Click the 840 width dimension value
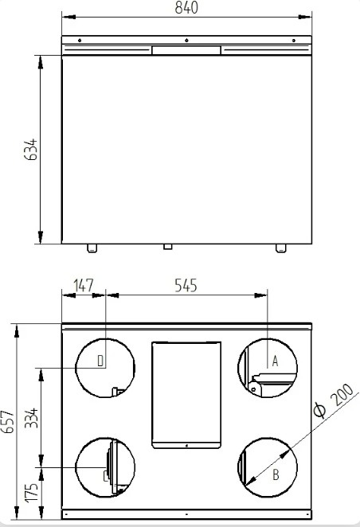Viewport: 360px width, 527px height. click(x=186, y=7)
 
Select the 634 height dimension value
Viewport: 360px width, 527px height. click(x=31, y=149)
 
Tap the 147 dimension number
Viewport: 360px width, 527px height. click(x=83, y=285)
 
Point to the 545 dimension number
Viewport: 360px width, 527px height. click(x=186, y=285)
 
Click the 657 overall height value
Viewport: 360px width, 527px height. click(x=8, y=421)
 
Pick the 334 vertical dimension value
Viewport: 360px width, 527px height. click(x=32, y=418)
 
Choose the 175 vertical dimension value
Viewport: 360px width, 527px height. click(x=32, y=493)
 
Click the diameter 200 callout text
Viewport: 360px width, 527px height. click(x=334, y=400)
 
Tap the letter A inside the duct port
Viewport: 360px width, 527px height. click(x=275, y=361)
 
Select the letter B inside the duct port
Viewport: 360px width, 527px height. click(x=276, y=475)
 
